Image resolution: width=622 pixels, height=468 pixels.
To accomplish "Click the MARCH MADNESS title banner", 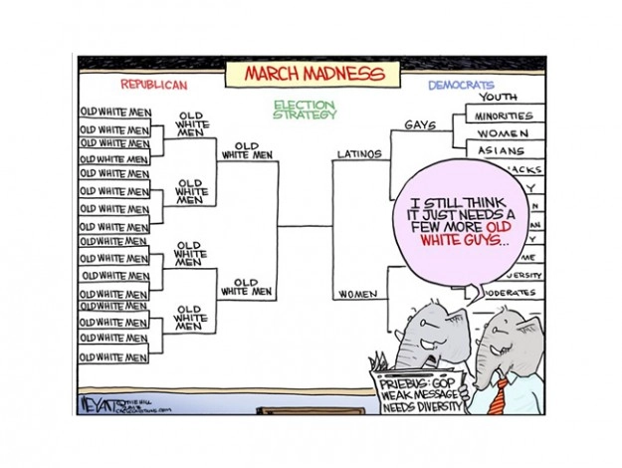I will click(302, 75).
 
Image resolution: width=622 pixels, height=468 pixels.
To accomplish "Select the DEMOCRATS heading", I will click(461, 86).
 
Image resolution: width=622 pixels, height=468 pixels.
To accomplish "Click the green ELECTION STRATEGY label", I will click(306, 109).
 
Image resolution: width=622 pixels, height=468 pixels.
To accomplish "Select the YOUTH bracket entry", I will click(499, 98).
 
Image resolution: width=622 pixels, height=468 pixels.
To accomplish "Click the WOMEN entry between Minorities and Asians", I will click(503, 133).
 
